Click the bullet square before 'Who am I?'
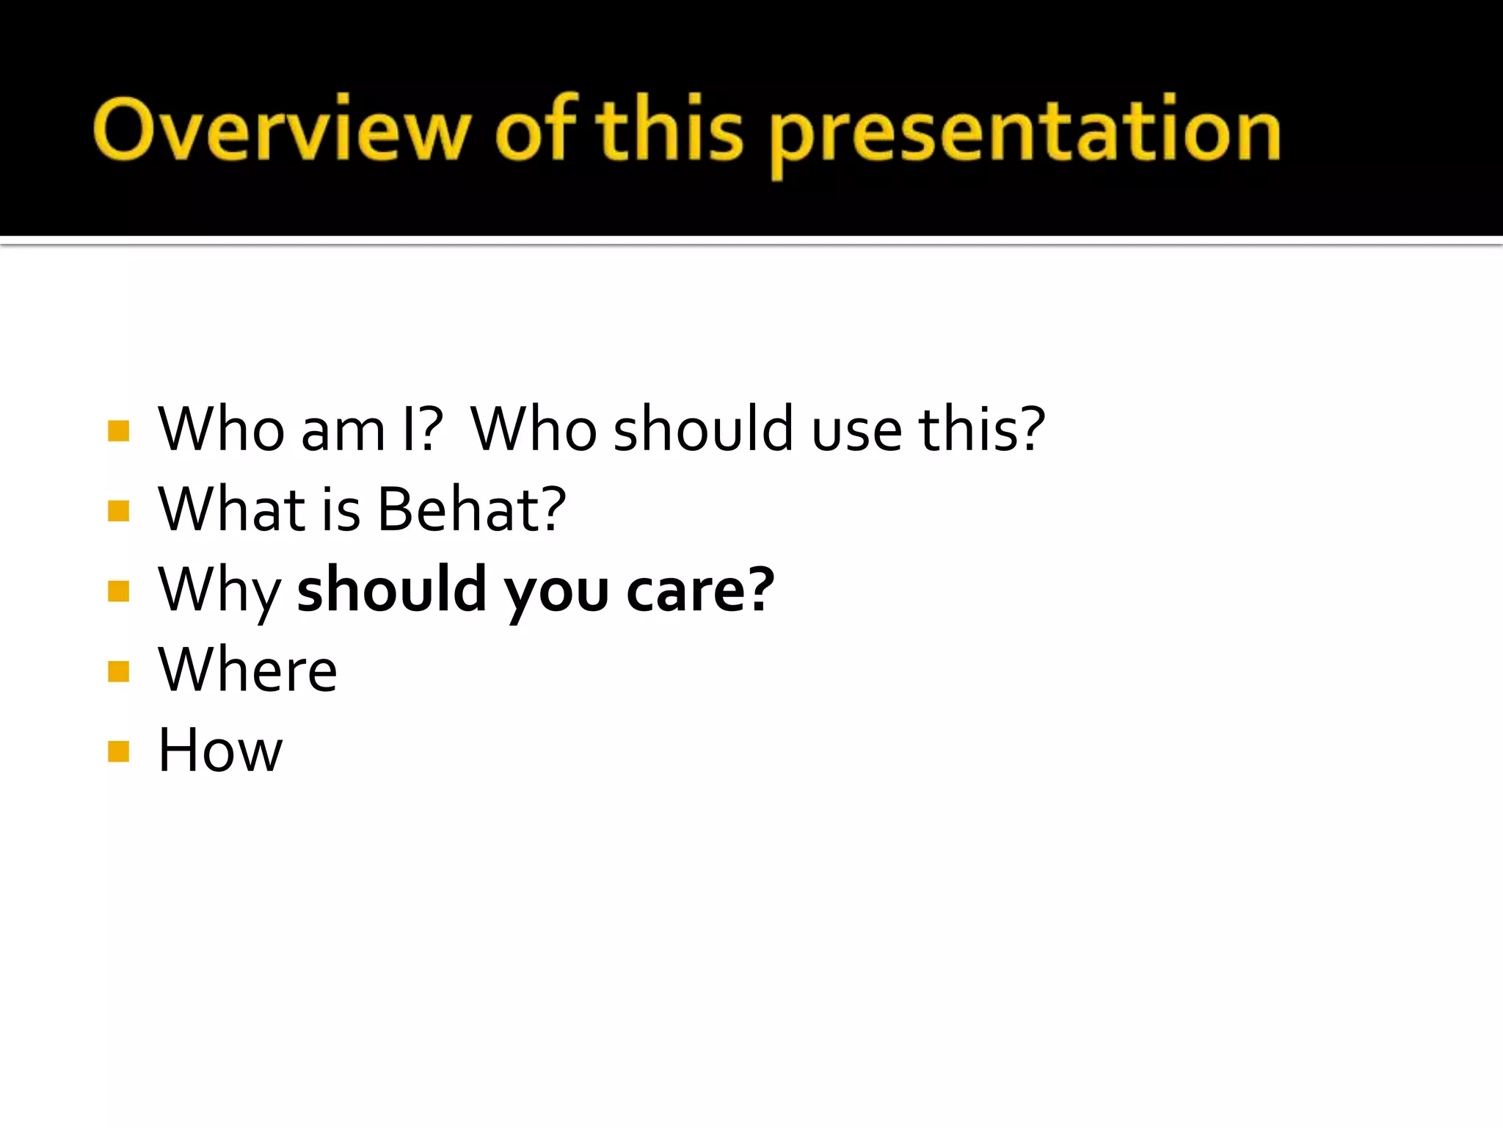118,430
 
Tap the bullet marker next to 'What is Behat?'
118,510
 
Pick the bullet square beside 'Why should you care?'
118,591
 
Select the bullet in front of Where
118,671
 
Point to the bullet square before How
118,751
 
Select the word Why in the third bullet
219,591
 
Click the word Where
247,670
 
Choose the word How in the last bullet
220,751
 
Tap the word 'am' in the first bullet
343,430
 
